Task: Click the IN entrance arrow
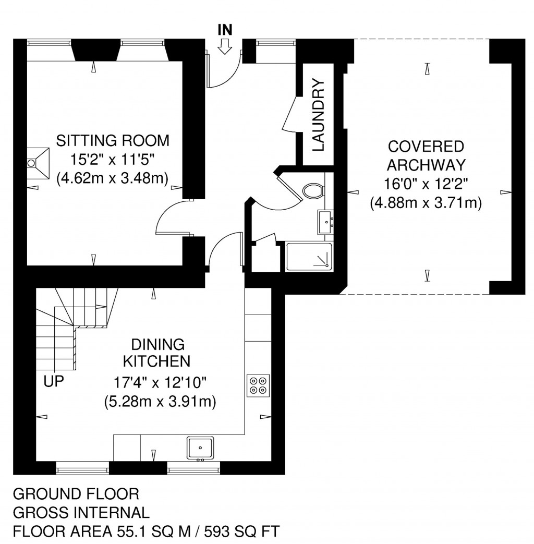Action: pyautogui.click(x=225, y=48)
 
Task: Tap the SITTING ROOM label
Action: pyautogui.click(x=113, y=141)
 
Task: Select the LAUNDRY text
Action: pyautogui.click(x=319, y=115)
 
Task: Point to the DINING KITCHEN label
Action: pyautogui.click(x=157, y=353)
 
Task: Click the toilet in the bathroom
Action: pyautogui.click(x=313, y=191)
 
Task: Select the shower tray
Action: pyautogui.click(x=309, y=257)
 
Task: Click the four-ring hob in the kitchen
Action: pyautogui.click(x=258, y=386)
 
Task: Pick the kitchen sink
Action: pyautogui.click(x=200, y=448)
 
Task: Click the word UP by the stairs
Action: pyautogui.click(x=54, y=381)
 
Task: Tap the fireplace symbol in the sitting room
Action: pyautogui.click(x=39, y=162)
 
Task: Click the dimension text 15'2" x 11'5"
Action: pyautogui.click(x=113, y=160)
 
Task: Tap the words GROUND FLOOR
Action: pyautogui.click(x=76, y=493)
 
